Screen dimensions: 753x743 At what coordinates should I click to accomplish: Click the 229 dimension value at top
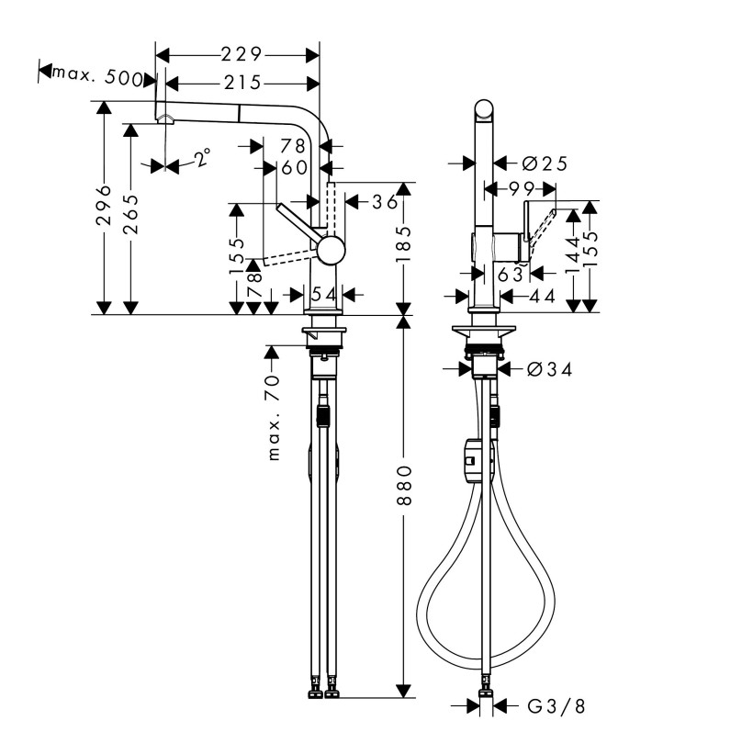coord(242,55)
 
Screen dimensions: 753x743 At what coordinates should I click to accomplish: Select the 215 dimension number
coord(242,83)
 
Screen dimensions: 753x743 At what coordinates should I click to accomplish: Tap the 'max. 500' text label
coord(97,76)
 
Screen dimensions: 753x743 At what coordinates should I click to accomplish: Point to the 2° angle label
coord(203,156)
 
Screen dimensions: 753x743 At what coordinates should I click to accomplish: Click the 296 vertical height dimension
coord(104,205)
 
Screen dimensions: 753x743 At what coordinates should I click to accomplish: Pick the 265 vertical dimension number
coord(130,214)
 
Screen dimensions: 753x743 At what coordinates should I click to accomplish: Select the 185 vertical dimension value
coord(403,244)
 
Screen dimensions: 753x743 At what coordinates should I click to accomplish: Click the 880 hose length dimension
coord(404,485)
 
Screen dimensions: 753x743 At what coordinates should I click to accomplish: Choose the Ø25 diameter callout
coord(545,163)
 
